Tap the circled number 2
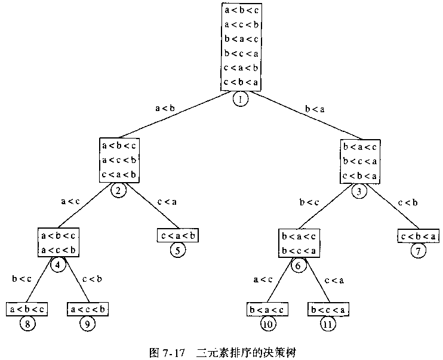(118, 190)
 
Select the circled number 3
(359, 191)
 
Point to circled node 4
(59, 264)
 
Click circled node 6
(299, 266)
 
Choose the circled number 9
(88, 324)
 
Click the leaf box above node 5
(177, 235)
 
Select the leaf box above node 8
(27, 309)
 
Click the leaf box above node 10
(267, 309)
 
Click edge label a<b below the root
(165, 108)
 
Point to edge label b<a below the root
(315, 108)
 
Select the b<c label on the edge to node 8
(21, 278)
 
